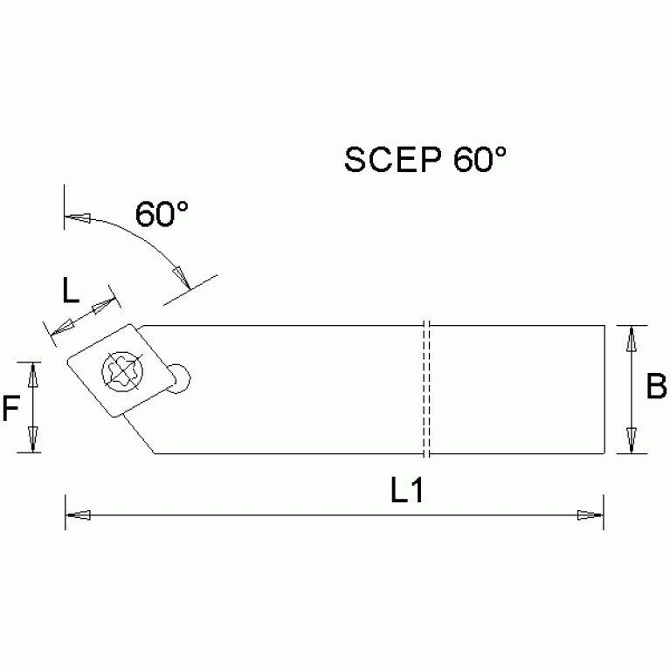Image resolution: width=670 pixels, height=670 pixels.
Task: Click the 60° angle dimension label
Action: tap(162, 213)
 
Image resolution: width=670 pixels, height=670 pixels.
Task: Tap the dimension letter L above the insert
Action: tap(72, 289)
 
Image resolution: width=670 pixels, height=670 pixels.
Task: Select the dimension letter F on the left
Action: tap(10, 408)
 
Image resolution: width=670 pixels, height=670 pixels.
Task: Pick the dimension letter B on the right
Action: tap(655, 386)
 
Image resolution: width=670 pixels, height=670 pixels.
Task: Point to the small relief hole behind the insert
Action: tap(182, 377)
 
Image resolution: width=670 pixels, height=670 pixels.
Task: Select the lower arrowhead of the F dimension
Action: tap(33, 440)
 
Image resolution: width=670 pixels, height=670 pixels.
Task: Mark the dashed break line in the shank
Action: tap(427, 389)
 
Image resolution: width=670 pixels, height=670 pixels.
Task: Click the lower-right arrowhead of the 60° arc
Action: tap(181, 275)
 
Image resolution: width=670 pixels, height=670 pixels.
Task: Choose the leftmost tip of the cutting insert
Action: tap(66, 358)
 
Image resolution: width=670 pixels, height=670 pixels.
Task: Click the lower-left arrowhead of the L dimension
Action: tap(59, 328)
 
